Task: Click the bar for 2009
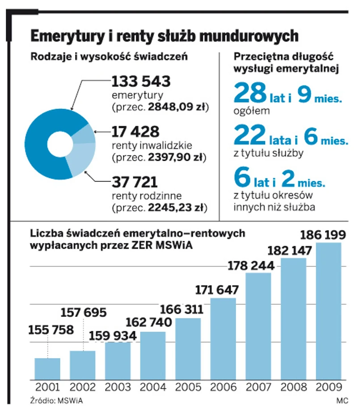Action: tap(329, 311)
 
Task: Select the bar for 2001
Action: tap(47, 369)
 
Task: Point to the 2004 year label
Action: tap(152, 387)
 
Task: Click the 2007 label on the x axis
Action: tap(258, 387)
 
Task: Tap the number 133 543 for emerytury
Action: tap(140, 81)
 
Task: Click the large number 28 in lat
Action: tap(250, 94)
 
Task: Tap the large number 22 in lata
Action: tap(250, 136)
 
